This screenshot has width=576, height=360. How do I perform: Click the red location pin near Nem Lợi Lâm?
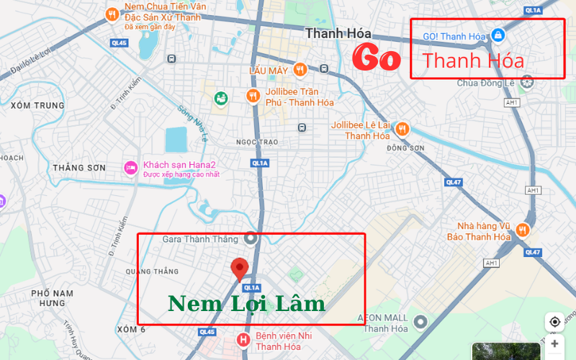coord(240,269)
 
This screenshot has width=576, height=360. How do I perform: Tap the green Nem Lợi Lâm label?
coord(246,304)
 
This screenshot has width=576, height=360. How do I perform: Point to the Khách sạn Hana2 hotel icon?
coord(130,168)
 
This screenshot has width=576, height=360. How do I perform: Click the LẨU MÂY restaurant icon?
coord(300,70)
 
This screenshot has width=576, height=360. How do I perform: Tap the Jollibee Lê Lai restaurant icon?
coord(402,129)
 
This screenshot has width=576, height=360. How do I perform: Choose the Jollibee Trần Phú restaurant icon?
coord(253,95)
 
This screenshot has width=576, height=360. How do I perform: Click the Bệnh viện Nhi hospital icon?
coord(243,339)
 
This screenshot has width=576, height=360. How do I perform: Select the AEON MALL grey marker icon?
coord(421,321)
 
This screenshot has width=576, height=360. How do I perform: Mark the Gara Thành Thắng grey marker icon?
coord(251,238)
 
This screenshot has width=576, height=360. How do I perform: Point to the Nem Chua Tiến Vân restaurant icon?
coord(112,14)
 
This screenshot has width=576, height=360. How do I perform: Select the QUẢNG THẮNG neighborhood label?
coord(151,271)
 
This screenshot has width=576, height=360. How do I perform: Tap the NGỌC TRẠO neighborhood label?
coord(256,142)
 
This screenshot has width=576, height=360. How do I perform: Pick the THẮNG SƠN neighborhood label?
coord(79,168)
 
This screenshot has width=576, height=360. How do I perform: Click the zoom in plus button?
coord(554,344)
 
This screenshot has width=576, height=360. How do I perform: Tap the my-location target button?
coord(554,322)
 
